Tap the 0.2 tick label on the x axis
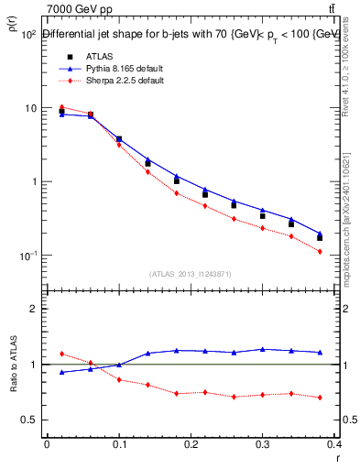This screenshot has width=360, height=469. (192, 444)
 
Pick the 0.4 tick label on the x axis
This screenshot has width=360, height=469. (336, 444)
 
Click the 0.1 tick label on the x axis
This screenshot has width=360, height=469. (119, 444)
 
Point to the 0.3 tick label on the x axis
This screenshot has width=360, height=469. (266, 444)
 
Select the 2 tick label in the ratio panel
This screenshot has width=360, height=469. (35, 309)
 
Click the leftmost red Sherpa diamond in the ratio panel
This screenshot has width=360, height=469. (61, 354)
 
